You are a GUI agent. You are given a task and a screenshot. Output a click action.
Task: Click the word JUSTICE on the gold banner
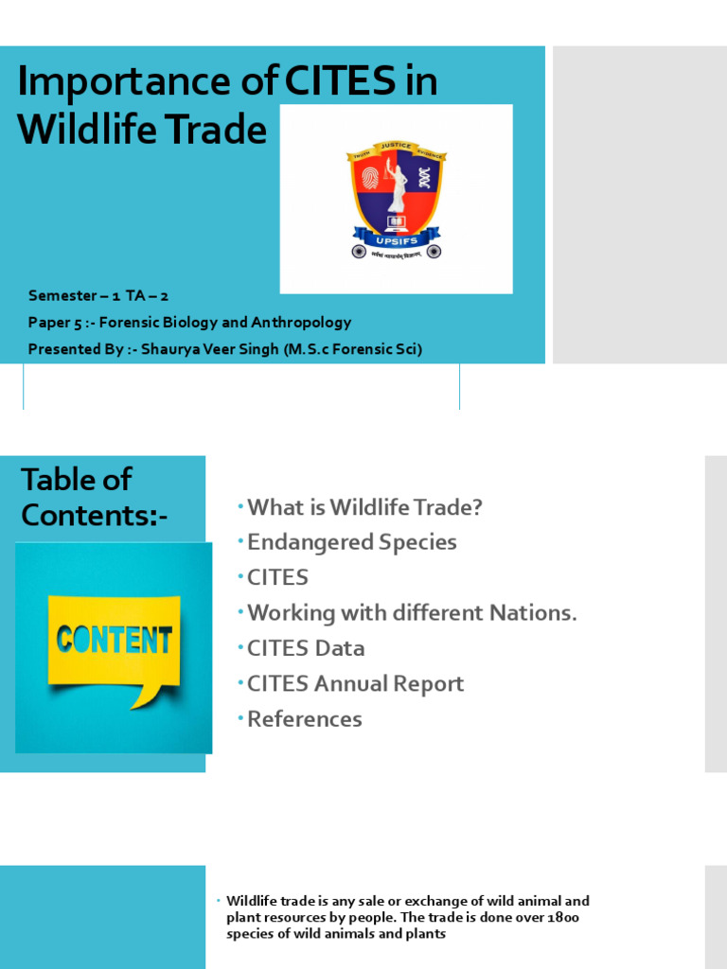click(396, 146)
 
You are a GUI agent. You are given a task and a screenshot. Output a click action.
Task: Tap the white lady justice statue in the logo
click(396, 189)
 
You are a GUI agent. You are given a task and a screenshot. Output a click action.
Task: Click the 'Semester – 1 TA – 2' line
click(98, 296)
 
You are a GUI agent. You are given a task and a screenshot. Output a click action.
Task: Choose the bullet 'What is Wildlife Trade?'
click(364, 507)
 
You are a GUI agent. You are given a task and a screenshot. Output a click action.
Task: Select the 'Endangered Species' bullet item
click(351, 542)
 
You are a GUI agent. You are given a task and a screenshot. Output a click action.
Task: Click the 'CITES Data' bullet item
click(306, 648)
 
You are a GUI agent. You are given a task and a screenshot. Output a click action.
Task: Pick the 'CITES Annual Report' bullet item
click(355, 683)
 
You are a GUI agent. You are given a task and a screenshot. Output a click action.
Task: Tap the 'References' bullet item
click(304, 719)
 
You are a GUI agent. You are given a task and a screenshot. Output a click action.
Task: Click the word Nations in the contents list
click(532, 613)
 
